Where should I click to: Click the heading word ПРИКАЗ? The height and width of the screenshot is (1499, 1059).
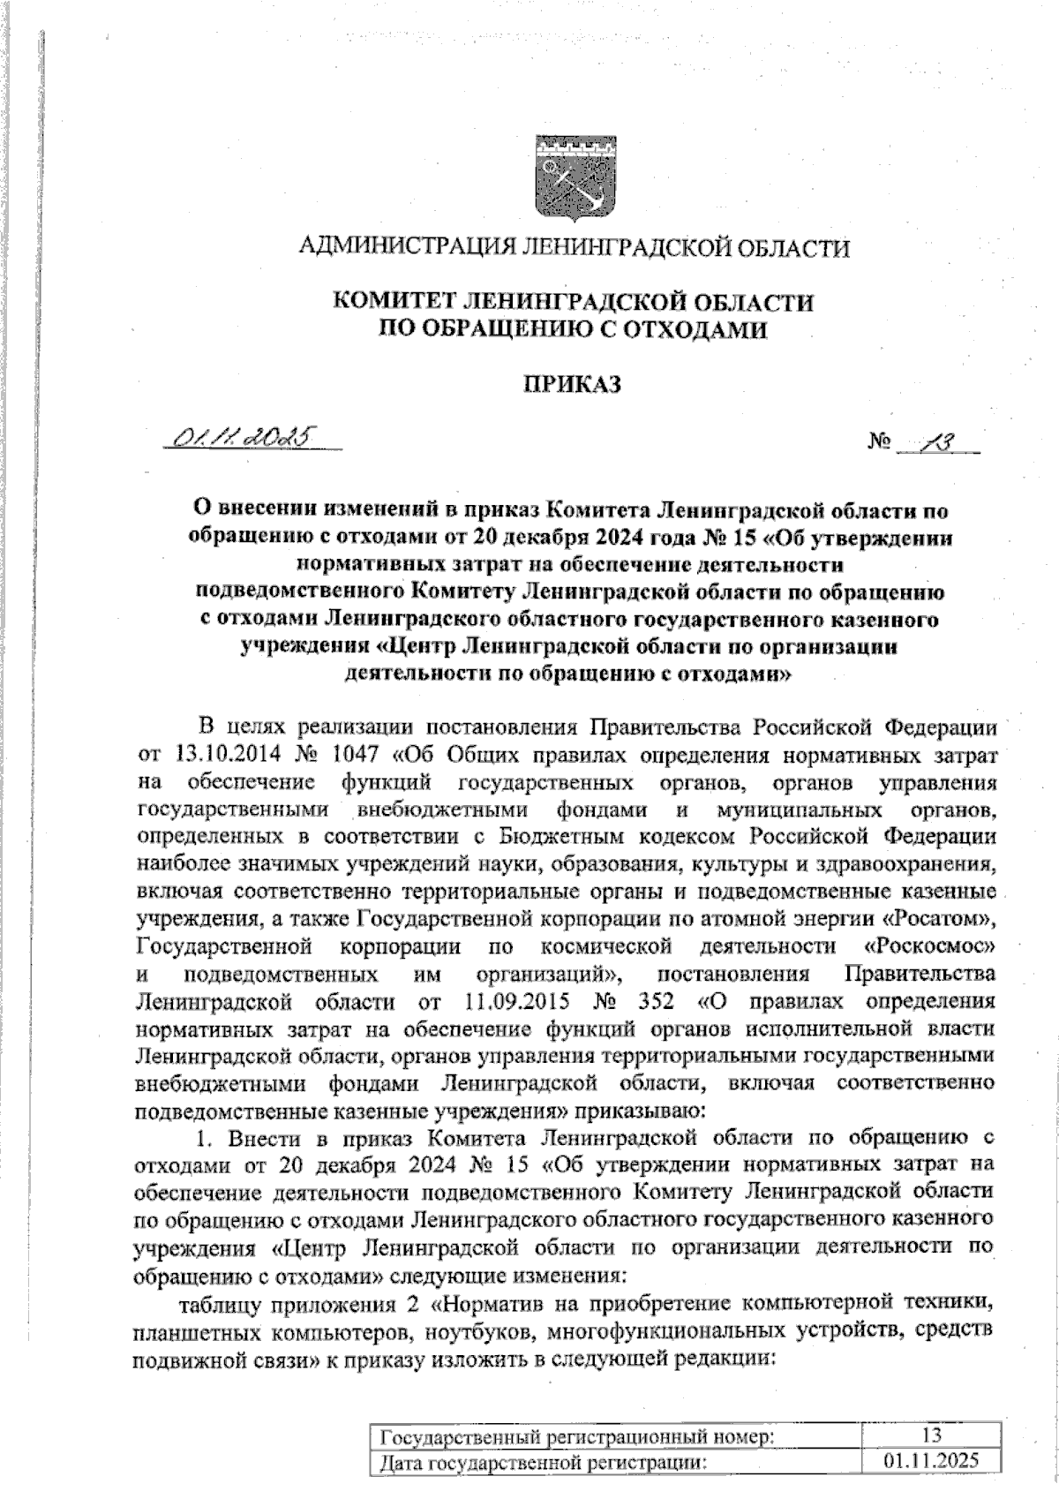click(x=574, y=384)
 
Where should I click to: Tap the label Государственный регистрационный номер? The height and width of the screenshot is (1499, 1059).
click(x=577, y=1436)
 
